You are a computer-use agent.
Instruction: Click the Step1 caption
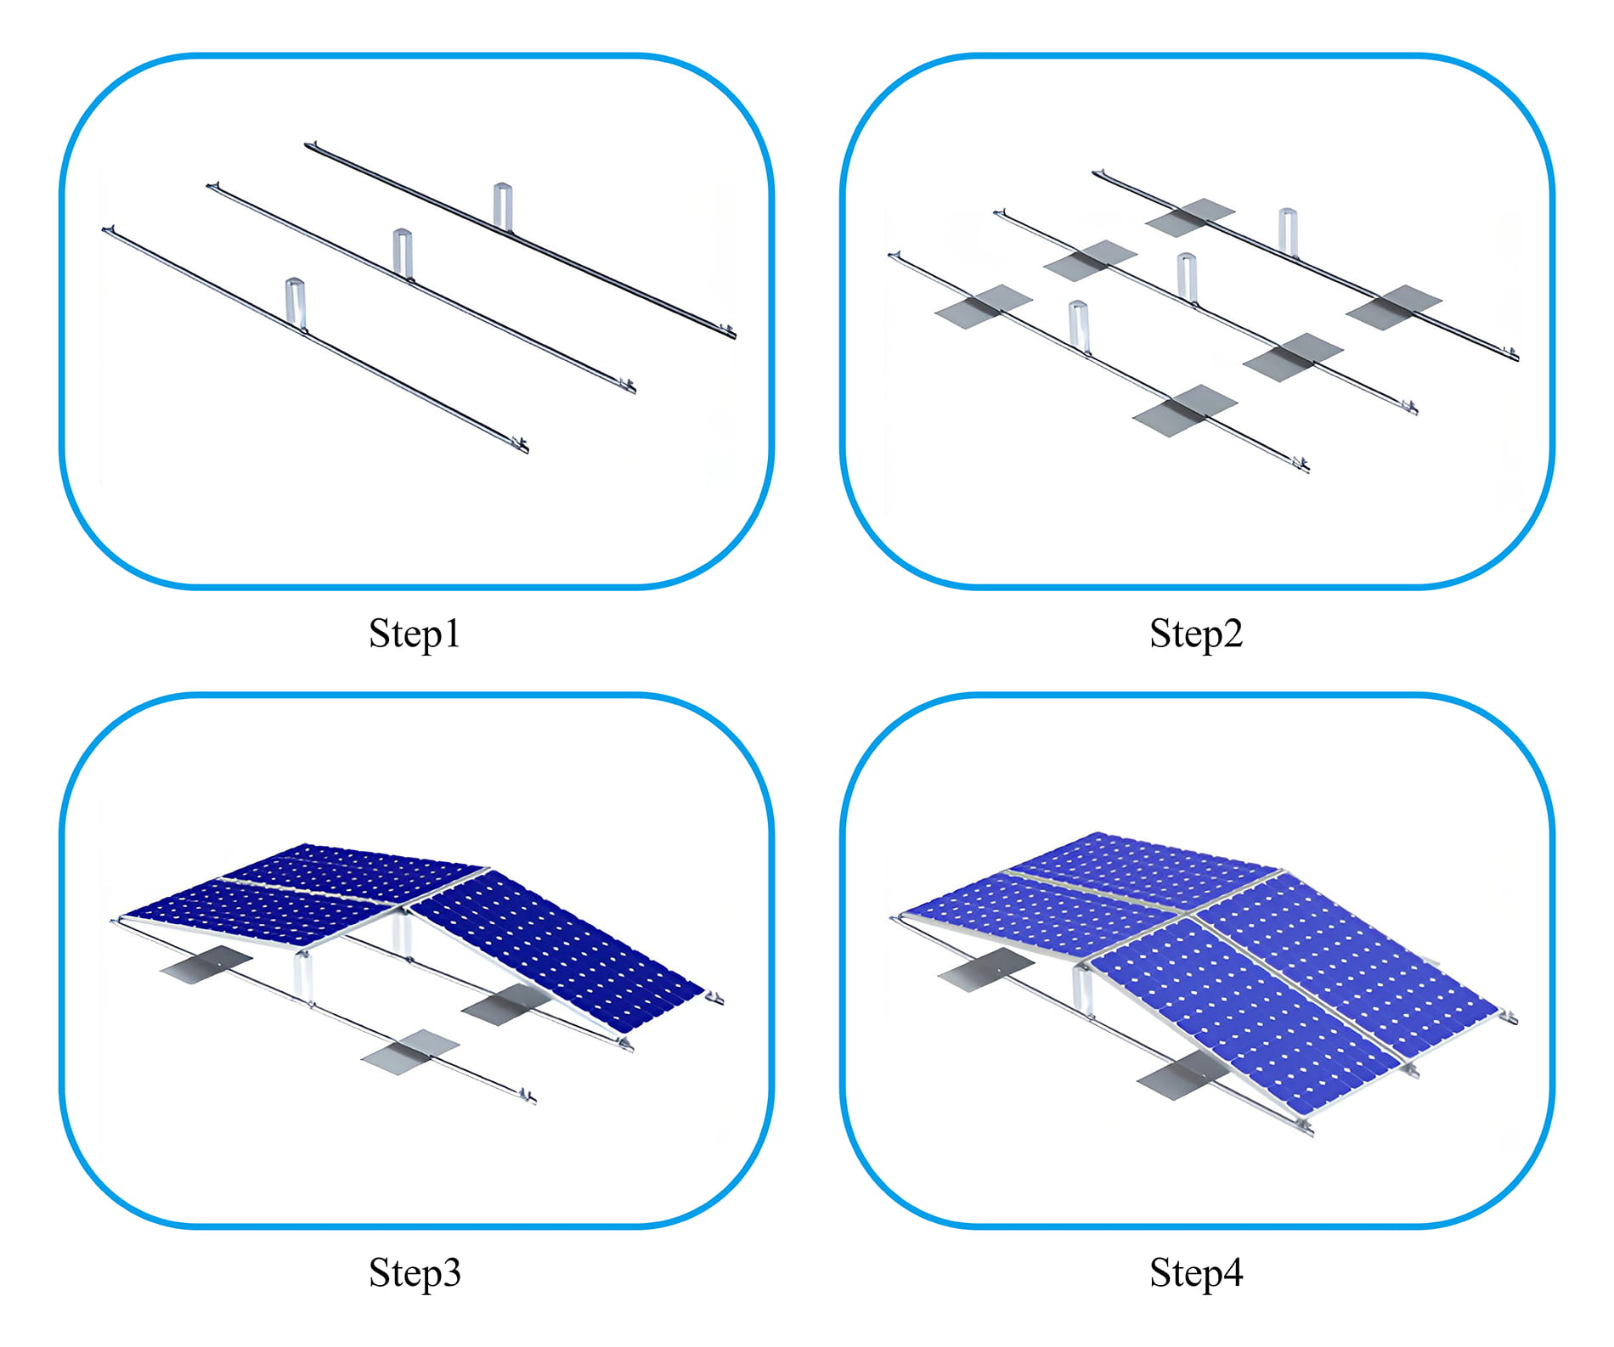415,634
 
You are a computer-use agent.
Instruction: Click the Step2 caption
1195,634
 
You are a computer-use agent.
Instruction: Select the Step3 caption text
415,1273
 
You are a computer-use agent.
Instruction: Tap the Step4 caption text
1195,1273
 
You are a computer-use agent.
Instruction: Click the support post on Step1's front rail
295,303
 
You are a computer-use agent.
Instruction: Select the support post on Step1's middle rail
403,253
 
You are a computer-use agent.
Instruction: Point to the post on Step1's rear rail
503,206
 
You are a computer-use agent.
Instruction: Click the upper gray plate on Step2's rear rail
1189,217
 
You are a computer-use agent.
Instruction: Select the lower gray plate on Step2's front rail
1185,411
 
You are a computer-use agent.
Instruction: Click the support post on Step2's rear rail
1288,231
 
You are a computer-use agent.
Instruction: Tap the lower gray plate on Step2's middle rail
1292,358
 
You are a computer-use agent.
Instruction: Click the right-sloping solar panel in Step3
556,947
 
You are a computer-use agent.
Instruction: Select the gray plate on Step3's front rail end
409,1052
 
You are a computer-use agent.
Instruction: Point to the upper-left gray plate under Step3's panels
206,964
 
